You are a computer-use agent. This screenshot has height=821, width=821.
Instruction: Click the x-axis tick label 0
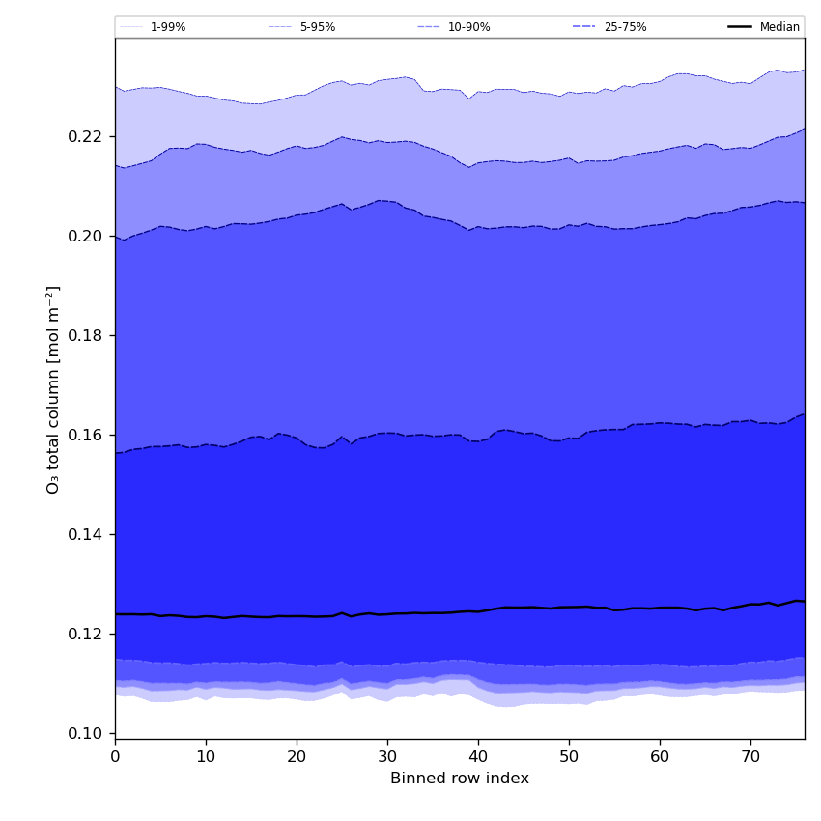[x=115, y=757]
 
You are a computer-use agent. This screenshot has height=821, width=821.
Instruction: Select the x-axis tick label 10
[x=206, y=757]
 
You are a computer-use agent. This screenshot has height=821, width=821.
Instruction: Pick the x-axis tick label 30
[x=387, y=757]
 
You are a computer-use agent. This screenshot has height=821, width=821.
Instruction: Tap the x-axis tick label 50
[x=569, y=757]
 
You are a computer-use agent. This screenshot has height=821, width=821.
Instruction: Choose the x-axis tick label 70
[x=750, y=757]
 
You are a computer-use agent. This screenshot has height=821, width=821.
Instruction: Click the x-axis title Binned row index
[x=460, y=779]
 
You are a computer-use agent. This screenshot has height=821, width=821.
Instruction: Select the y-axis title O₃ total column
[x=54, y=389]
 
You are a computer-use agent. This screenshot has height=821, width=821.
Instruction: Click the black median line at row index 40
[x=478, y=611]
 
